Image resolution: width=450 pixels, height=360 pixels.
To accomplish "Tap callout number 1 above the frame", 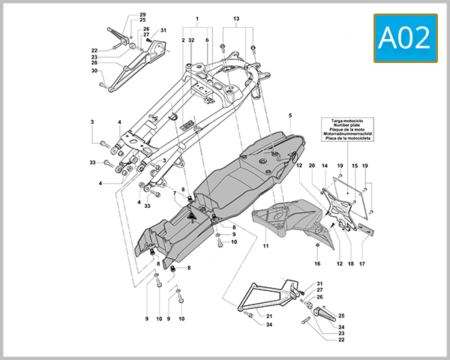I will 197,18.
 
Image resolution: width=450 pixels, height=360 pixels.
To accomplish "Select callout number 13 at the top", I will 236,18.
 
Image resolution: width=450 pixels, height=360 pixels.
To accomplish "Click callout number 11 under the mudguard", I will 265,245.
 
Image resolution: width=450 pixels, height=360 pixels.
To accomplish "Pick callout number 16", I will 317,264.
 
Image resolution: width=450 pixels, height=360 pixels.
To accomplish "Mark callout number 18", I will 349,264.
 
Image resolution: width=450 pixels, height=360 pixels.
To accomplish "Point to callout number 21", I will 268,316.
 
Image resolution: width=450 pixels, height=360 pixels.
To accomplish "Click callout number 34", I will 268,325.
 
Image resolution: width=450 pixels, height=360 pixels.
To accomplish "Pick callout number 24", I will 340,327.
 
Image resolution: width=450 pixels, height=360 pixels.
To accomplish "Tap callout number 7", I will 175,193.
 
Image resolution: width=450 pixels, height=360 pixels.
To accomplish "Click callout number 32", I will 192,39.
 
